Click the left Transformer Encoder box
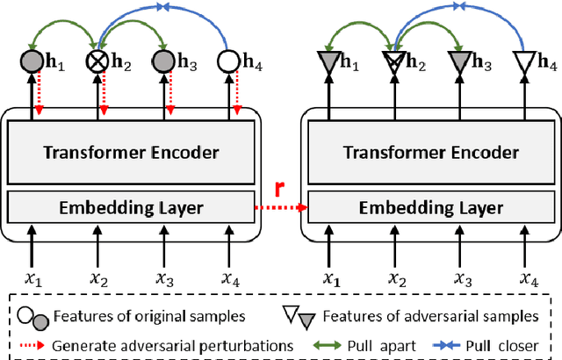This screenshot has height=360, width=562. point(132,152)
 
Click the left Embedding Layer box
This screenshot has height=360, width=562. point(132,208)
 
